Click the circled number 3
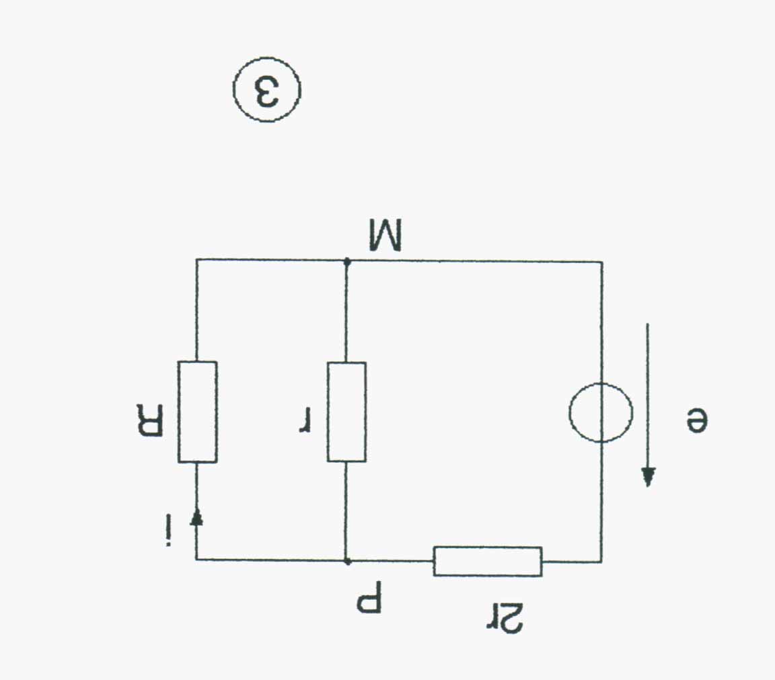tap(267, 89)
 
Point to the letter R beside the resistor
tap(149, 420)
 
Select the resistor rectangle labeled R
tap(197, 412)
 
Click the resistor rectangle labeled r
tap(346, 412)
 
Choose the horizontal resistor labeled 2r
tap(487, 561)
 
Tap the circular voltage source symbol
tap(601, 412)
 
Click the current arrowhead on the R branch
tap(196, 517)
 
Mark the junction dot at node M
tap(346, 260)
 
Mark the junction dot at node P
tap(346, 560)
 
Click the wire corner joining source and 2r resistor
tap(601, 561)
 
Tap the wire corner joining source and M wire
tap(601, 262)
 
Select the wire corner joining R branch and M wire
tap(196, 260)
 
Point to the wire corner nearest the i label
tap(196, 559)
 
